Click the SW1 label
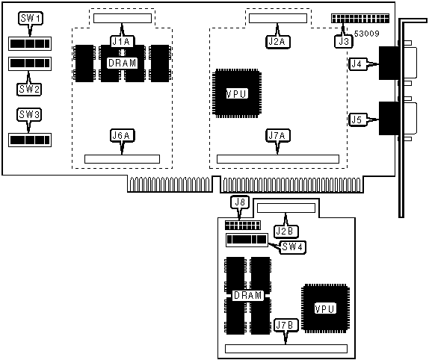[x=31, y=19]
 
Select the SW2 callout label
[x=29, y=89]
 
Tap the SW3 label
[x=29, y=114]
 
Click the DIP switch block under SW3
[x=30, y=140]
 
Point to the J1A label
[x=123, y=42]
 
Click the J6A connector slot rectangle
[x=122, y=159]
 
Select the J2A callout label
[x=278, y=42]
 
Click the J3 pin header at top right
[x=360, y=19]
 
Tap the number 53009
[x=367, y=34]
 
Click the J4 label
[x=358, y=64]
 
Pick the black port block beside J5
[x=389, y=118]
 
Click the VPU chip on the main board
[x=237, y=93]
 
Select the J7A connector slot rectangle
[x=278, y=159]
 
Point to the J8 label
[x=240, y=202]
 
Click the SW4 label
[x=292, y=247]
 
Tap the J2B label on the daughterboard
[x=286, y=232]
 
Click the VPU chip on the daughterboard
[x=325, y=308]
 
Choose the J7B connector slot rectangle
[x=286, y=349]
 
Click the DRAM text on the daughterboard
[x=248, y=296]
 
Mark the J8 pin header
[x=243, y=225]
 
